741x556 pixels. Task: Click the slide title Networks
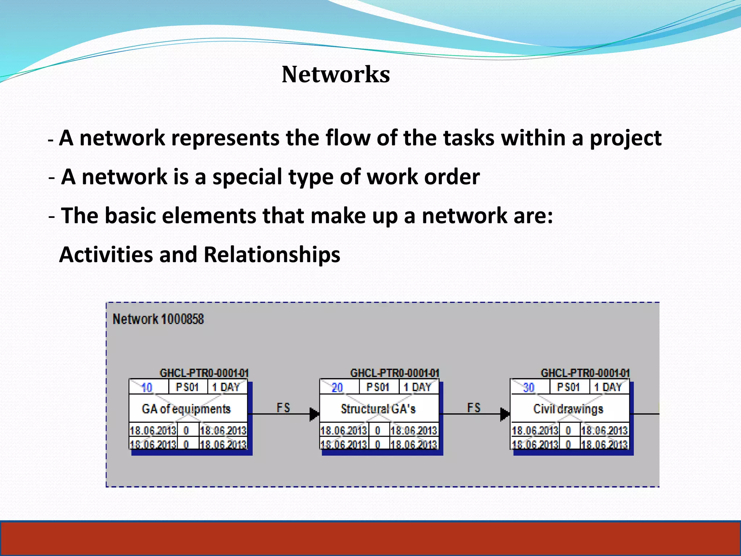(x=336, y=75)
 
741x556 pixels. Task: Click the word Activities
(x=106, y=254)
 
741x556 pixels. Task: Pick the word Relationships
(x=272, y=254)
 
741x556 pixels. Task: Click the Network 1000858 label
(x=158, y=319)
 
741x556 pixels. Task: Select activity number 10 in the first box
(x=147, y=388)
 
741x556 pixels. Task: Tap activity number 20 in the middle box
(x=337, y=388)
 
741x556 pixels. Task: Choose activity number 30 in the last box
(x=529, y=388)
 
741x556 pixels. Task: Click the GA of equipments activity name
(x=186, y=409)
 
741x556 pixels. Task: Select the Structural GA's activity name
(x=378, y=409)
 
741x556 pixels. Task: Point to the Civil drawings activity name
(x=568, y=409)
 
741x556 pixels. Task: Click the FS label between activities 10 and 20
(x=283, y=408)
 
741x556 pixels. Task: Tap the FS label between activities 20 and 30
(x=474, y=408)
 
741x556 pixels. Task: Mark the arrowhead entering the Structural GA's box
(x=314, y=414)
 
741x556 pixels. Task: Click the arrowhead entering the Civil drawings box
(x=505, y=414)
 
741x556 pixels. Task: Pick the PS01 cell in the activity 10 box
(x=187, y=387)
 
